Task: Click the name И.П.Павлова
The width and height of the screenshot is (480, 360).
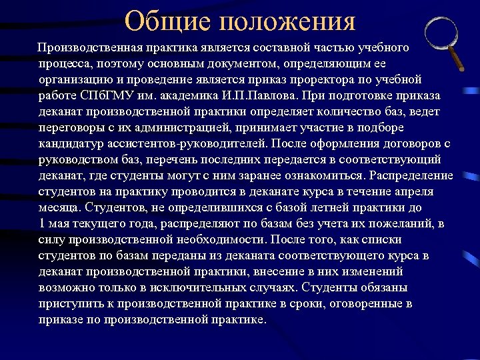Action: tap(252, 95)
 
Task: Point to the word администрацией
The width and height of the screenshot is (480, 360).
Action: tap(181, 127)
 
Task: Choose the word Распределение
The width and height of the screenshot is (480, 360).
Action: tap(410, 175)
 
